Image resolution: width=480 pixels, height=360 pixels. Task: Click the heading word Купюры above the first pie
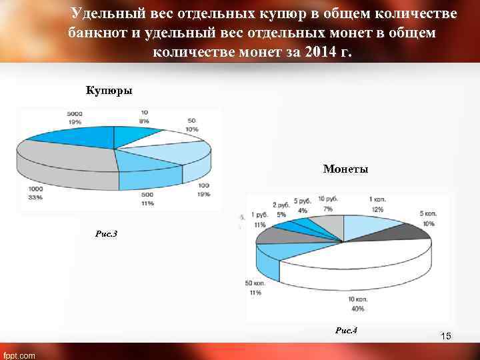pyautogui.click(x=109, y=90)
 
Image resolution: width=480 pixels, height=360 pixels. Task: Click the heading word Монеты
pyautogui.click(x=345, y=170)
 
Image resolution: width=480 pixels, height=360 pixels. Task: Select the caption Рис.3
pyautogui.click(x=107, y=233)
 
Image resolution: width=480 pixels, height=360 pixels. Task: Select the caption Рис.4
pyautogui.click(x=346, y=331)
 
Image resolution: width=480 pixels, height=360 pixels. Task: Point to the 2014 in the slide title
pyautogui.click(x=317, y=52)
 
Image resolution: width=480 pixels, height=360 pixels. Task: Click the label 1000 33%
pyautogui.click(x=35, y=193)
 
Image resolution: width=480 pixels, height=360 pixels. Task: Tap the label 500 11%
pyautogui.click(x=147, y=199)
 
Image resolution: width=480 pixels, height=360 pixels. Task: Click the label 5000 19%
pyautogui.click(x=74, y=118)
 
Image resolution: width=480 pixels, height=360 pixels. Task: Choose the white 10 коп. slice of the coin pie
pyautogui.click(x=353, y=263)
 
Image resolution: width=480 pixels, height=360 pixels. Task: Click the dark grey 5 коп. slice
pyautogui.click(x=400, y=231)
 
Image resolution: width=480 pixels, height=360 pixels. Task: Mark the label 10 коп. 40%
pyautogui.click(x=358, y=305)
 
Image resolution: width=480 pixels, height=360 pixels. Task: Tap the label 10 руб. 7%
pyautogui.click(x=327, y=205)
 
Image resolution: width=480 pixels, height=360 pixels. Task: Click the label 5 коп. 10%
pyautogui.click(x=427, y=219)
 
